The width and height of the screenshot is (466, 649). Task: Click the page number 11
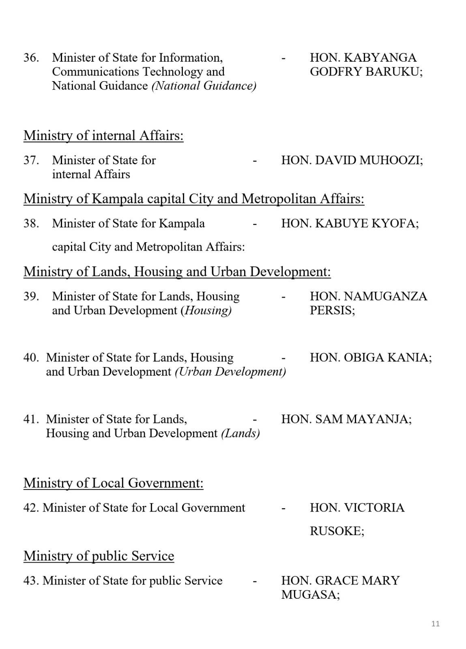pos(435,623)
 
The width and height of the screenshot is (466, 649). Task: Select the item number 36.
pos(31,58)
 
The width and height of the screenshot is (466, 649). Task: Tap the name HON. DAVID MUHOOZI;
pos(352,160)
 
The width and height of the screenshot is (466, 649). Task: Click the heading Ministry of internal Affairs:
pos(103,135)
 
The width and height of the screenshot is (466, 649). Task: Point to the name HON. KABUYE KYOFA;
pos(350,223)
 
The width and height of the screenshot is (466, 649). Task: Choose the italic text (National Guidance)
pos(204,86)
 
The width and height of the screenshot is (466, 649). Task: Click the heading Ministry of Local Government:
pos(113,483)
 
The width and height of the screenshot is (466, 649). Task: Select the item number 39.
pos(31,296)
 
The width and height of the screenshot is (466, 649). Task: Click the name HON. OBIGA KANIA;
pos(371,357)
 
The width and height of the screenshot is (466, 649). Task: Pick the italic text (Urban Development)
pos(230,372)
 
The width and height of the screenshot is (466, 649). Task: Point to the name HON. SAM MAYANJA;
pos(346,419)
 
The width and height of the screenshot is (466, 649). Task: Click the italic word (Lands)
pos(240,433)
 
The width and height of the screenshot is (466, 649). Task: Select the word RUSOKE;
pos(337,531)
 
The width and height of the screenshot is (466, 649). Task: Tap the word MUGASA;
pos(310,595)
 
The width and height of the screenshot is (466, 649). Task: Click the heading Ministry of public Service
pos(99,556)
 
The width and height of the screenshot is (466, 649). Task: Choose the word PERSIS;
pos(332,311)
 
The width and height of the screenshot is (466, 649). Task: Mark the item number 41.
pos(31,419)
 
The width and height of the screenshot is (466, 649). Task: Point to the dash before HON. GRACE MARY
pos(255,581)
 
